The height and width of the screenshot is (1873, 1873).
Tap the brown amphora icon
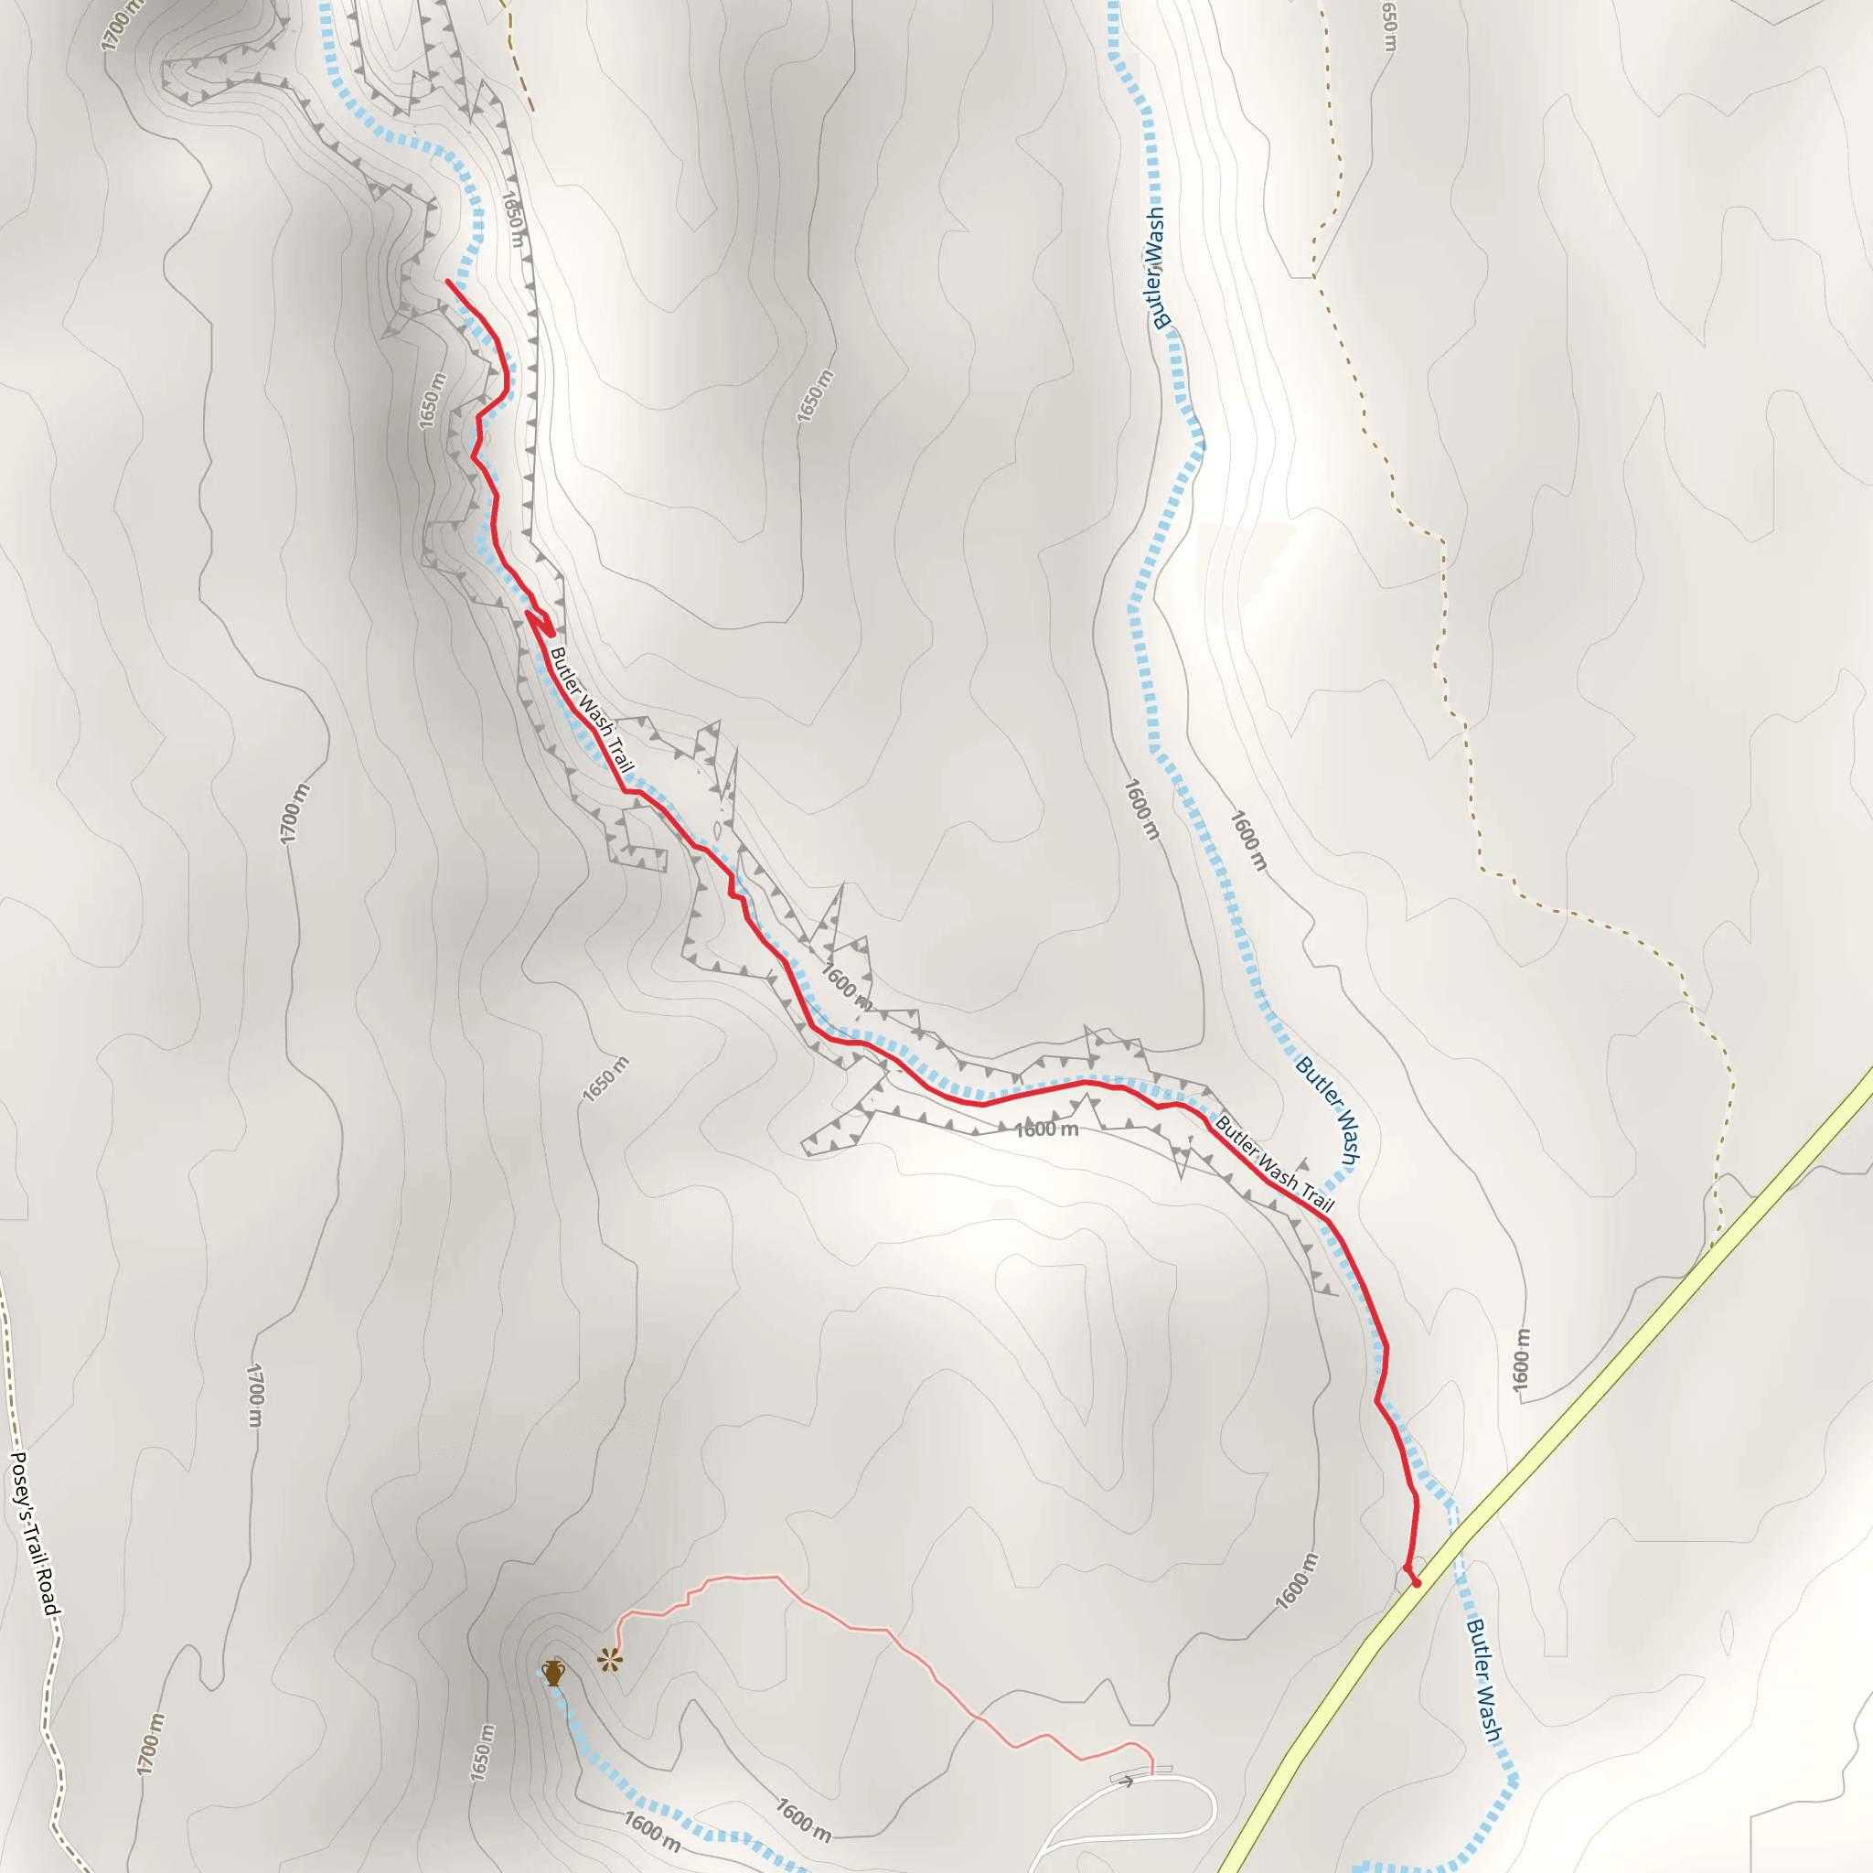[552, 1673]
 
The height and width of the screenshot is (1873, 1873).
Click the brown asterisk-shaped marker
[609, 1661]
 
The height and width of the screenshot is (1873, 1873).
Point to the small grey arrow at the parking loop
[1126, 1782]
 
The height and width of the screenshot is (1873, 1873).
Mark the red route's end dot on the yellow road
[1417, 1583]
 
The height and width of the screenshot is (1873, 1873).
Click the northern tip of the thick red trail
[447, 281]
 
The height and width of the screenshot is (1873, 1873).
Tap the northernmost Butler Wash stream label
[1157, 268]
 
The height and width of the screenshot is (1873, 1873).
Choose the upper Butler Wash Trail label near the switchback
[592, 710]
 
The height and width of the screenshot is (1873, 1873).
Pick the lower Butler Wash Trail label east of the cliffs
[1274, 1164]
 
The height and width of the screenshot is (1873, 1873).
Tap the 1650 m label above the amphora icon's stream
[482, 1753]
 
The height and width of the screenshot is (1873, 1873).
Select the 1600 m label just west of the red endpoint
[1296, 1581]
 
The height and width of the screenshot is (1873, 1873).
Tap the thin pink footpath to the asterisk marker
[872, 1629]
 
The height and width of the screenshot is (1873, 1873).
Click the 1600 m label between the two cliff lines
[1046, 1129]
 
